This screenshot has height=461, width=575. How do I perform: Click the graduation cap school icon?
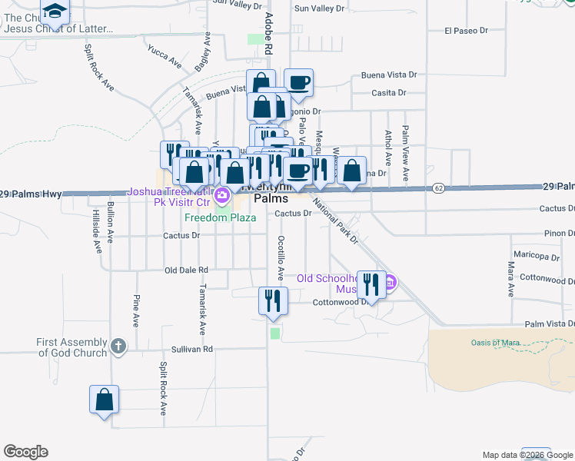pyautogui.click(x=55, y=11)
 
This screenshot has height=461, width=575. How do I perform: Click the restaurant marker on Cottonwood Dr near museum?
pyautogui.click(x=371, y=285)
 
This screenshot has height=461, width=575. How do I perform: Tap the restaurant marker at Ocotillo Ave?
pyautogui.click(x=272, y=301)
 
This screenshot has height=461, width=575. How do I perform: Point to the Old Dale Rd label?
pyautogui.click(x=187, y=270)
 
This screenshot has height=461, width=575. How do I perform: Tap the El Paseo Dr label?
pyautogui.click(x=467, y=32)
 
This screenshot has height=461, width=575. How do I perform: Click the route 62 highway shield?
pyautogui.click(x=438, y=187)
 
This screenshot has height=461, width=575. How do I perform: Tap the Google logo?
pyautogui.click(x=25, y=452)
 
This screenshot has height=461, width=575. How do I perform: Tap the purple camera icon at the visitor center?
pyautogui.click(x=222, y=195)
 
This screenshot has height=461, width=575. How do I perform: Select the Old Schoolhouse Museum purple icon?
pyautogui.click(x=390, y=283)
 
